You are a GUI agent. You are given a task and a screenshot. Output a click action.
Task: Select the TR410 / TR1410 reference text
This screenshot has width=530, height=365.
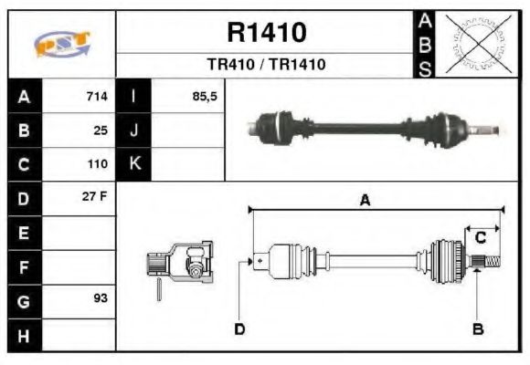tap(265, 65)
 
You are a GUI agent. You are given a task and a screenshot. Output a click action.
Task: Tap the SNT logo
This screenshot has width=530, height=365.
tap(62, 44)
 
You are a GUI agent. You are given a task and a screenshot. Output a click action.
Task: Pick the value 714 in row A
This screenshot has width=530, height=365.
tap(97, 97)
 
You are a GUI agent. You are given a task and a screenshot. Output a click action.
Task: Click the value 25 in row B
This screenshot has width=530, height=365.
tap(101, 130)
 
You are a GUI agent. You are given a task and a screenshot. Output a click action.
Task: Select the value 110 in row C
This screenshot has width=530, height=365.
tap(97, 164)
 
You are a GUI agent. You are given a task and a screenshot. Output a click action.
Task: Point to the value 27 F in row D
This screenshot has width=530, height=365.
tap(97, 197)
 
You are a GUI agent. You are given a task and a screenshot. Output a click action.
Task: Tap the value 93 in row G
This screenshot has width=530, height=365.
tap(101, 298)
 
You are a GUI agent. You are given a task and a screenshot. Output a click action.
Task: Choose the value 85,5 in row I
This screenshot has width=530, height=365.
tap(205, 97)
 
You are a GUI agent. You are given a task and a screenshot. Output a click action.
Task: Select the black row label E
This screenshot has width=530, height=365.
tap(23, 233)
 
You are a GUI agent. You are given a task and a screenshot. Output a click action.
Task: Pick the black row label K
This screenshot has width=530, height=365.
tap(133, 164)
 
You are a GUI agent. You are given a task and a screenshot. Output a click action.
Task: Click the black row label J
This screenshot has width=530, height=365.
tap(133, 130)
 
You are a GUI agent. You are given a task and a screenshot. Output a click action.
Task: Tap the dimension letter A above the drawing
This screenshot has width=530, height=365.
tap(364, 201)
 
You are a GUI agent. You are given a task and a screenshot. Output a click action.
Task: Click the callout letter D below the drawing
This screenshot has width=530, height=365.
tap(239, 328)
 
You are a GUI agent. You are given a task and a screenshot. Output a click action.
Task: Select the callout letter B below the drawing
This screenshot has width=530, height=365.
tap(476, 328)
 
